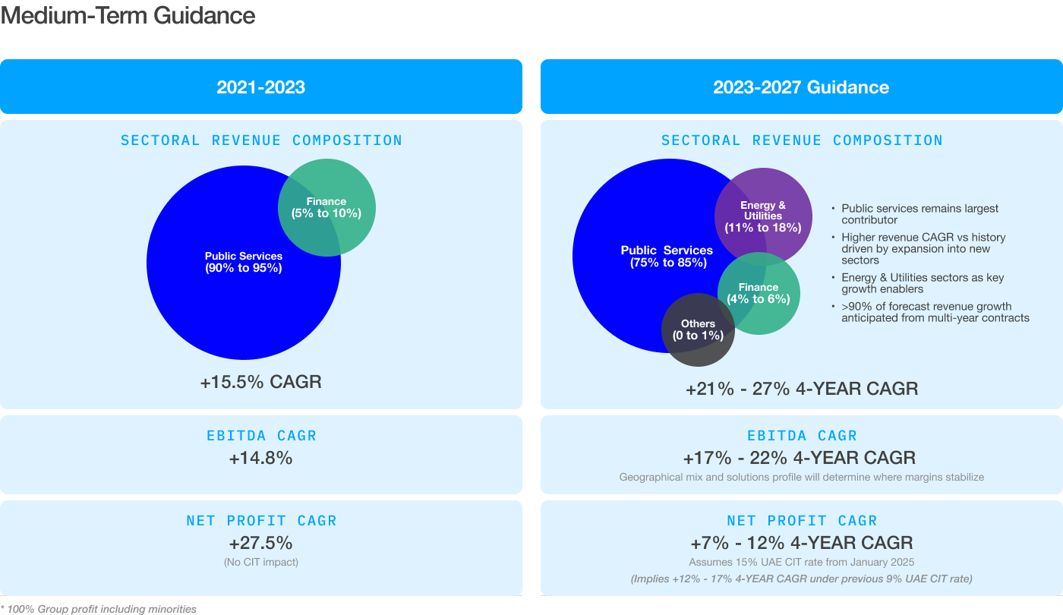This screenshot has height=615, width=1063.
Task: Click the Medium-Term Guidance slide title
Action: [128, 16]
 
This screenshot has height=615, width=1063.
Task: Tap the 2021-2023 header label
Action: [260, 87]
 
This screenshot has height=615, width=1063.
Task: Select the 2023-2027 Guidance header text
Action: [801, 87]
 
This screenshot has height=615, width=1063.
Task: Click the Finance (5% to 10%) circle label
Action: [326, 207]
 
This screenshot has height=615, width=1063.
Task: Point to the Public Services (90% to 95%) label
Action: [243, 262]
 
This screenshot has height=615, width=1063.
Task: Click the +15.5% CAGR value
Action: [260, 382]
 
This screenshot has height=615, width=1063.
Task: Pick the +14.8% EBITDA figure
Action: [260, 458]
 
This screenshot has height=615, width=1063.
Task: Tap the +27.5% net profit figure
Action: [260, 544]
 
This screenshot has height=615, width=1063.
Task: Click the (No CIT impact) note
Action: [260, 563]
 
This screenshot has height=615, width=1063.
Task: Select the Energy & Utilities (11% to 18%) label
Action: [763, 216]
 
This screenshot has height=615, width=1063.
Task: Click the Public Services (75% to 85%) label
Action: [667, 257]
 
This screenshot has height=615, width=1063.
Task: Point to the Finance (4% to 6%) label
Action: [758, 293]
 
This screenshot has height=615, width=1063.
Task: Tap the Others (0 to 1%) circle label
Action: [698, 330]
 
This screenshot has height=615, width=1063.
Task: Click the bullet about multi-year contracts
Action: [935, 312]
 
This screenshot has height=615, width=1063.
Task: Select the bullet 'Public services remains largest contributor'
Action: [919, 214]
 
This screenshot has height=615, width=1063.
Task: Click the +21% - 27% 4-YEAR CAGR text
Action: [801, 389]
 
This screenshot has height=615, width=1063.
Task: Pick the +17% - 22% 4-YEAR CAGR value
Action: [801, 458]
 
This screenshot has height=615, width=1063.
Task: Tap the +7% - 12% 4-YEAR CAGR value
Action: [801, 544]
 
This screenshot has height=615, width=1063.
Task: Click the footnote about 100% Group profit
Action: [99, 609]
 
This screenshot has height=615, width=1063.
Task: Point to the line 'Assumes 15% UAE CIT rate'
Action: [801, 563]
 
